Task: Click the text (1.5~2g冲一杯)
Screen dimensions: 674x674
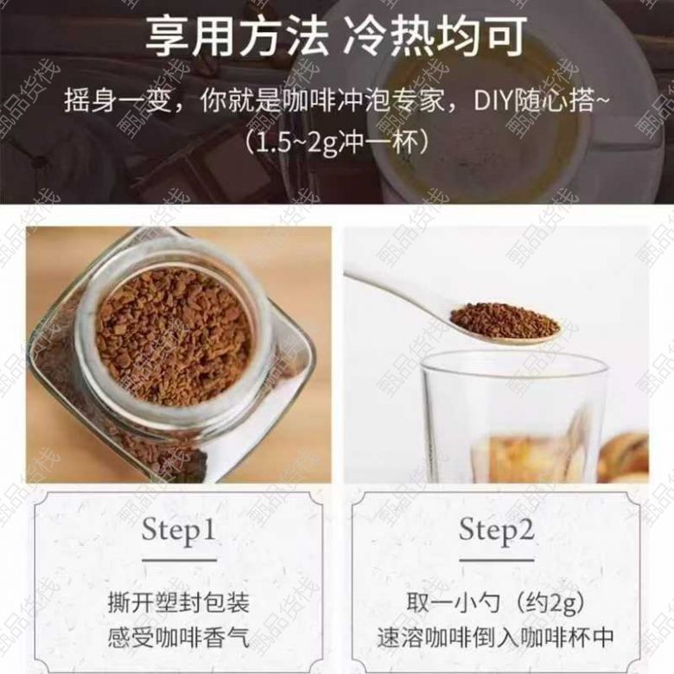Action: pos(337,142)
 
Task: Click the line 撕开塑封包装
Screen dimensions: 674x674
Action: pos(178,601)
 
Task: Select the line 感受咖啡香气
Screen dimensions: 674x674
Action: pos(178,637)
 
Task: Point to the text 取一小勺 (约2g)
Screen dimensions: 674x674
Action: pos(496,601)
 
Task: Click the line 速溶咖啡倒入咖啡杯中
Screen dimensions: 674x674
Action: pos(496,637)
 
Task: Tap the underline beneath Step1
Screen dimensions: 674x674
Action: pos(179,560)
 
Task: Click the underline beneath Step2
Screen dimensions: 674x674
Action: pos(497,560)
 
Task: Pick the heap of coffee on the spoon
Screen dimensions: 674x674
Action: pos(504,321)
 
